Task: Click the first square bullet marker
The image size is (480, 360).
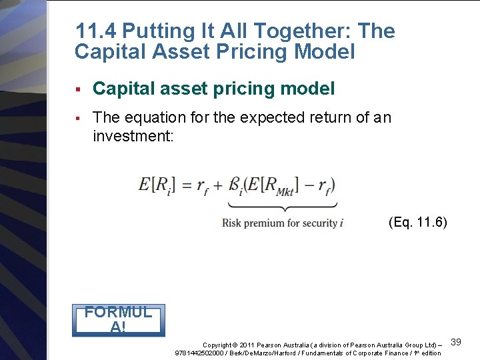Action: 78,89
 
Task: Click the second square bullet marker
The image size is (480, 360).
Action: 78,118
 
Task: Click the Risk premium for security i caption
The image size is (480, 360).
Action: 283,223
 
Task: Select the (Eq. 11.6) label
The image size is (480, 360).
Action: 417,222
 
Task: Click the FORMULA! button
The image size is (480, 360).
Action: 118,319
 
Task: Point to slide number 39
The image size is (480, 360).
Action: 457,342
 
